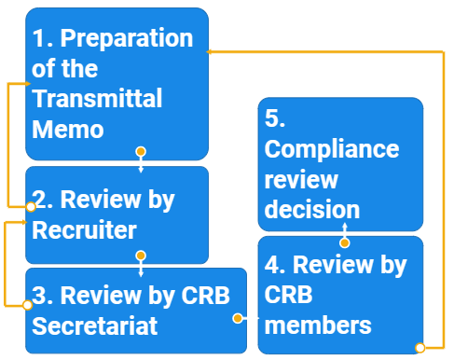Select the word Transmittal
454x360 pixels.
click(x=97, y=99)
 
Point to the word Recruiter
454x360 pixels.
click(x=84, y=230)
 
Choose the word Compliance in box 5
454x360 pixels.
click(x=331, y=149)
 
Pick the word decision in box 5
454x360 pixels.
click(x=311, y=209)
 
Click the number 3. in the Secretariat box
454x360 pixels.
click(x=42, y=296)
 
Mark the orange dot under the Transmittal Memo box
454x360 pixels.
click(x=140, y=151)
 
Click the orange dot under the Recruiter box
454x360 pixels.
click(x=141, y=255)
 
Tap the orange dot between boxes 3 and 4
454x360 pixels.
click(x=238, y=318)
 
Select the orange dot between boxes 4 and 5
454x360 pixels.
click(x=344, y=242)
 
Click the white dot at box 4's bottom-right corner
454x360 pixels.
click(x=420, y=348)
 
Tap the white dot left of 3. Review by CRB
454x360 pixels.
click(x=29, y=303)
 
